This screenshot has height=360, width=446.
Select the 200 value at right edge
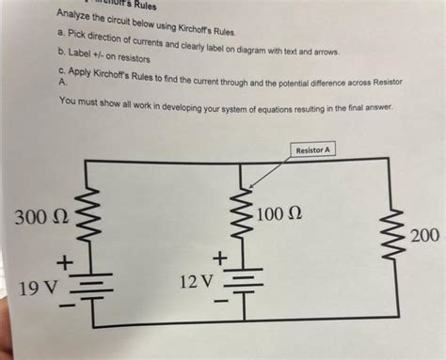[x=428, y=233]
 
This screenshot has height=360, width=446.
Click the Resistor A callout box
[x=314, y=149]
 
